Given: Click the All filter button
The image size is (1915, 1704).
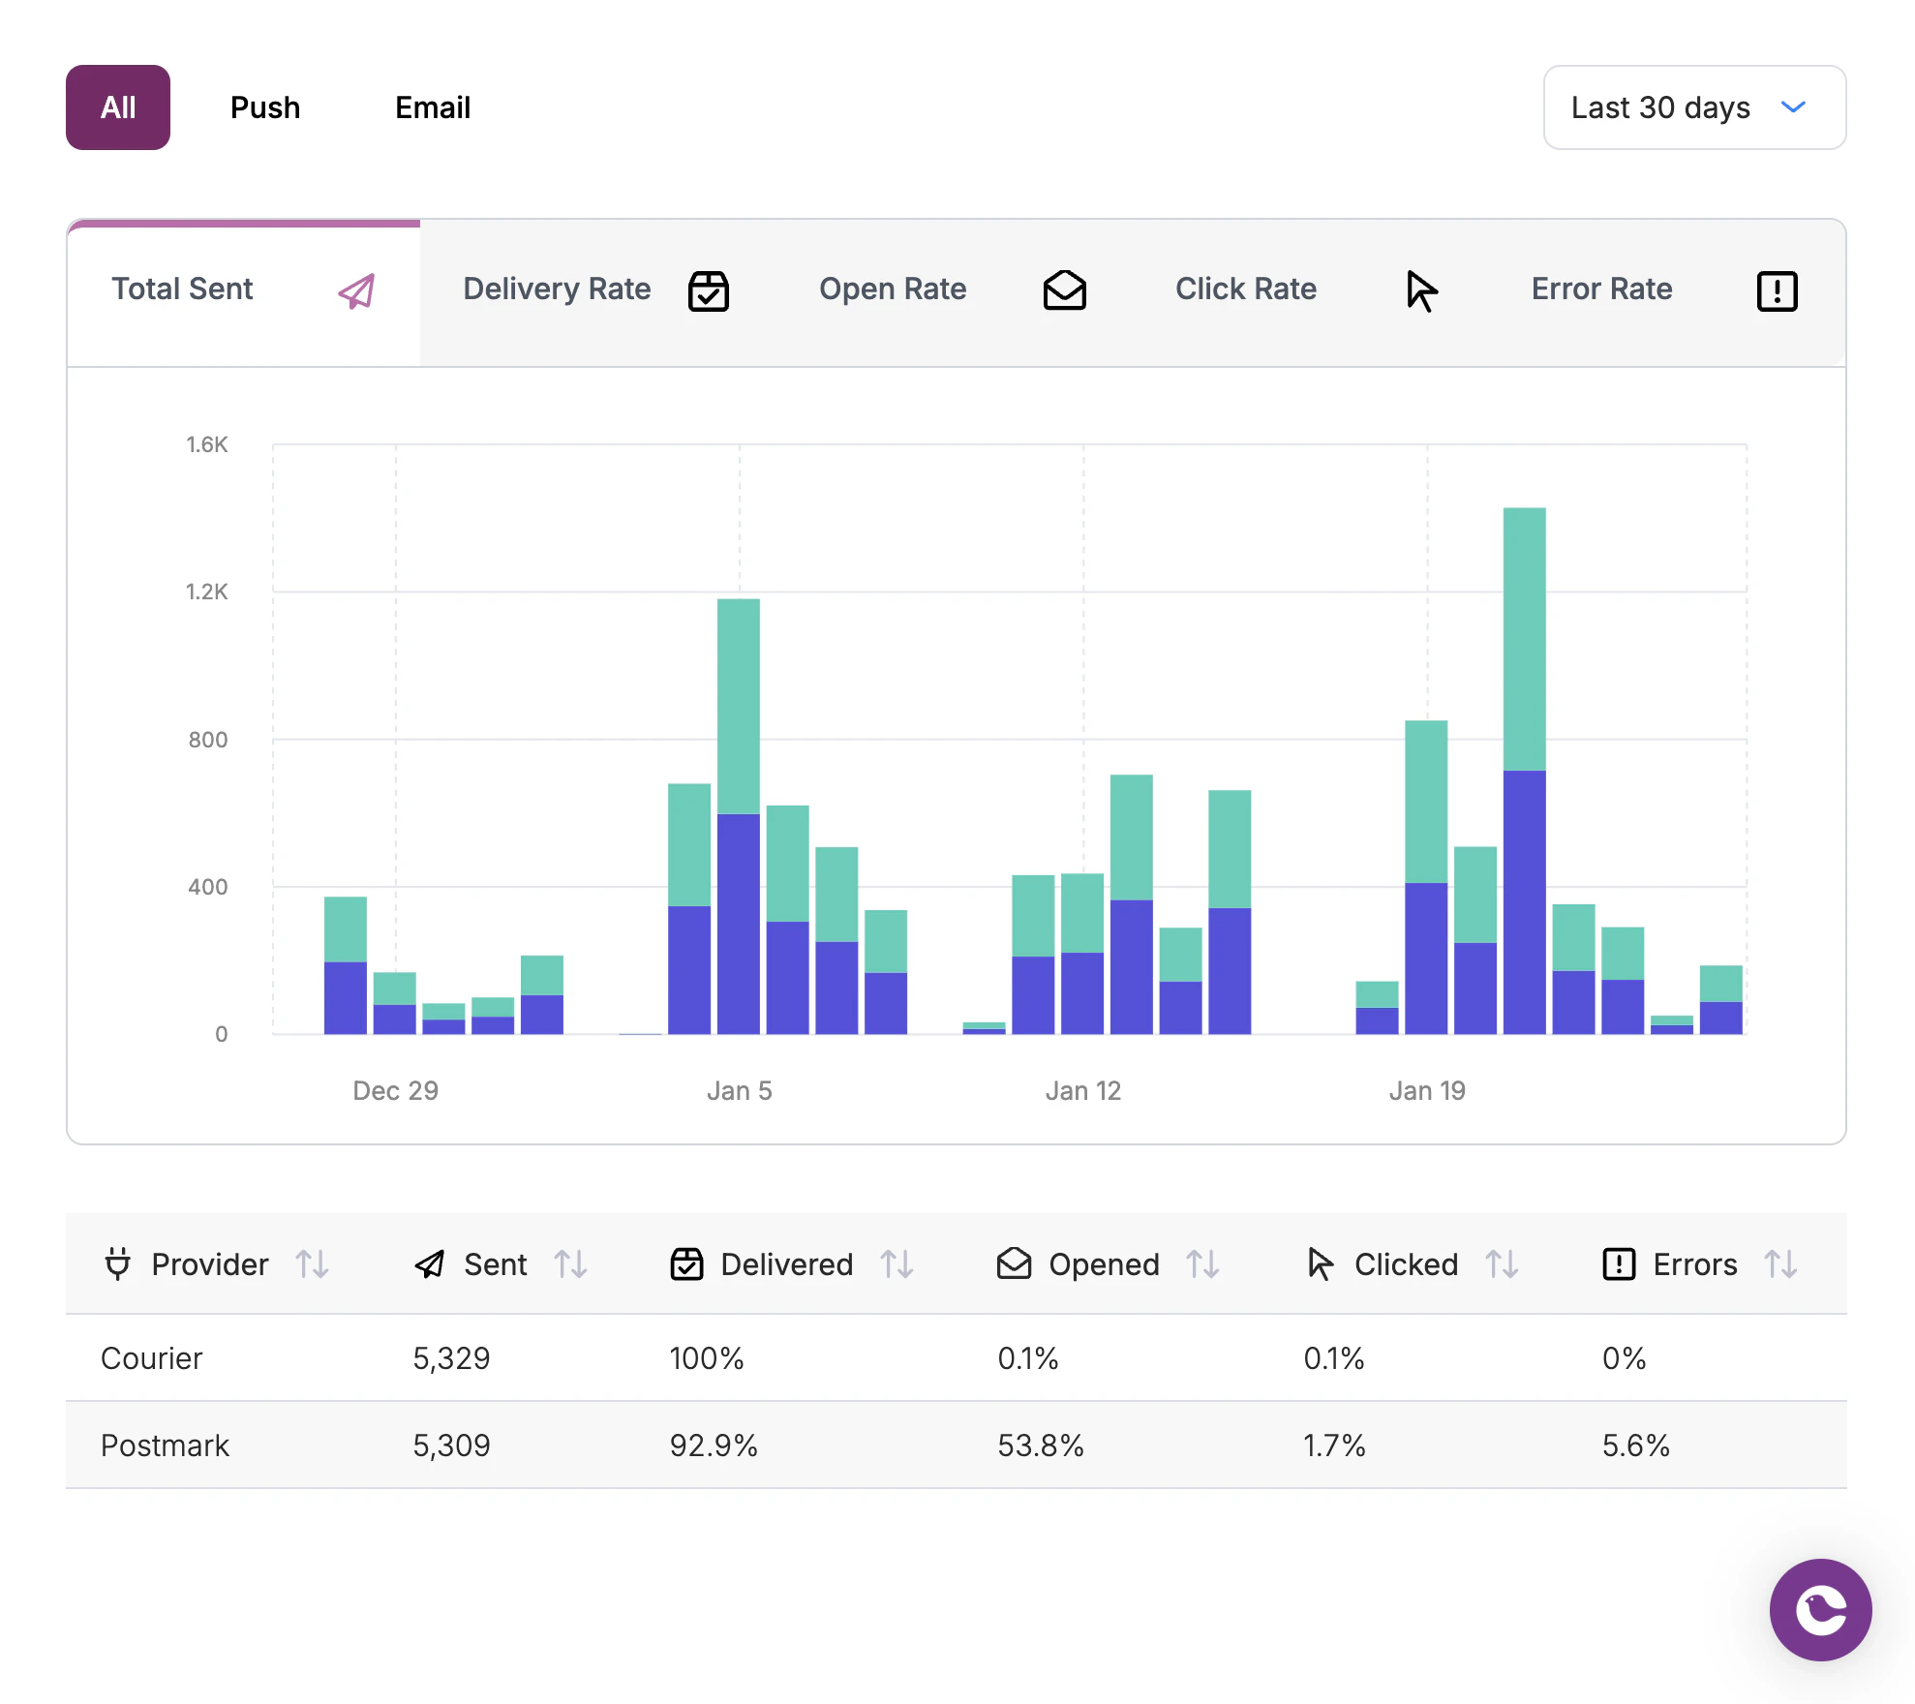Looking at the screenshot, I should pos(118,107).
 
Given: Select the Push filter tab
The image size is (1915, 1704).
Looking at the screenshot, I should pos(265,107).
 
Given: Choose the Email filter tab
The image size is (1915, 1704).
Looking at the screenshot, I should pos(433,107).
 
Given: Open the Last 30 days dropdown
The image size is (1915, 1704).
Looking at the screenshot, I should pos(1693,107).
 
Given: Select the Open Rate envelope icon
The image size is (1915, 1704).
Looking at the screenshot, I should pos(1064,290).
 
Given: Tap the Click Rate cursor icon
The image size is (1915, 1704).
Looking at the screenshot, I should pos(1420,290).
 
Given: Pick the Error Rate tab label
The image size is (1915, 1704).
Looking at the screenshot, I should pos(1601,289).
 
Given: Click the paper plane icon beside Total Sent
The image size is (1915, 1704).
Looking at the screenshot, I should pos(356,290).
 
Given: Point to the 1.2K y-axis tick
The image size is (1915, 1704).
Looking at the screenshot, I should pos(207,592).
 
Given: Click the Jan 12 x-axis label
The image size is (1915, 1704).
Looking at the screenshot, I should pos(1082,1091).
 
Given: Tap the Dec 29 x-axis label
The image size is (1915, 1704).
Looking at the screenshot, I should pos(395,1091).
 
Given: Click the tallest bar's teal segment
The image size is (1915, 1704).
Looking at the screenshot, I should pos(1524,639).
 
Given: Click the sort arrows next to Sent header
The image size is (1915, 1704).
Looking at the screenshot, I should pos(570,1264).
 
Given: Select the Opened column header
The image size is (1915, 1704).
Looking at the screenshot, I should pos(1103,1264).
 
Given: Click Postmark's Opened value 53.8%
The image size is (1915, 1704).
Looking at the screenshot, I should pos(1040,1445).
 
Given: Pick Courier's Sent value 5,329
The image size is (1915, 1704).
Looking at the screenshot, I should pos(451,1358).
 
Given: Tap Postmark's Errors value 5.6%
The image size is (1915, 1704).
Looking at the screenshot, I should pos(1635,1445).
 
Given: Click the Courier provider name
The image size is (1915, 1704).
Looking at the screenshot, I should pos(152,1358).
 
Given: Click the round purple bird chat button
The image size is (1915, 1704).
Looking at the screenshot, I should pos(1820,1610).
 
